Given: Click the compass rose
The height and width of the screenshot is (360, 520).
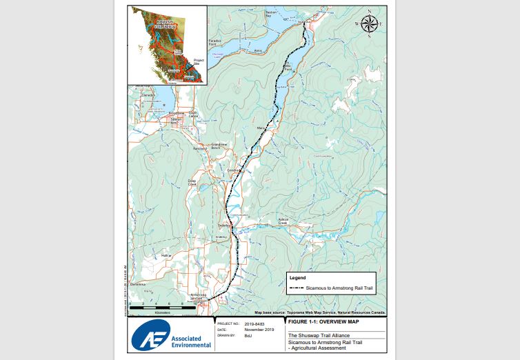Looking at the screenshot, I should [x=369, y=23].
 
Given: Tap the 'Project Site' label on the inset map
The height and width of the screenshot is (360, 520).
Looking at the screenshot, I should [x=199, y=61].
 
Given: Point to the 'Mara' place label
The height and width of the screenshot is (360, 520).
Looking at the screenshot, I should [x=261, y=128].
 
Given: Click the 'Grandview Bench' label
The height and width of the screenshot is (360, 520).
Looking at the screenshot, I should [x=220, y=146].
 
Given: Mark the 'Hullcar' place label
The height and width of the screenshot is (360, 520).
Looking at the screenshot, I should [x=166, y=256].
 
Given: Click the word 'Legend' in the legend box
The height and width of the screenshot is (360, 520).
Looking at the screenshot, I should [x=297, y=277].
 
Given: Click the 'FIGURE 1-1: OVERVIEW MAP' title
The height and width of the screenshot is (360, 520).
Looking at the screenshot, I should [x=324, y=322].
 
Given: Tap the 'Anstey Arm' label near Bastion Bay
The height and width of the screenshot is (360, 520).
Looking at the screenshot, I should [x=258, y=50].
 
